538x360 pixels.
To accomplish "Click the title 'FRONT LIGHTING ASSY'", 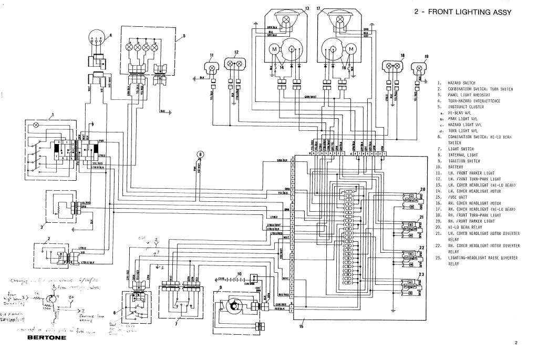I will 470,13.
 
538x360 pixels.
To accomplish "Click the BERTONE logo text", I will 47,337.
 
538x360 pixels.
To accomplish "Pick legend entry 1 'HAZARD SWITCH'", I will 461,83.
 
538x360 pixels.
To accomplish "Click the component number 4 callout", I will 111,35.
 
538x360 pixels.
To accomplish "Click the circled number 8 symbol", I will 200,154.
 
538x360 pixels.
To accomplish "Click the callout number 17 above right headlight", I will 318,8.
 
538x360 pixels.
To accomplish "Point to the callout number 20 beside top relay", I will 422,189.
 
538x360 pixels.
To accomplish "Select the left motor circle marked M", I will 274,49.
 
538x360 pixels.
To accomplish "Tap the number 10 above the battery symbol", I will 239,274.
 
